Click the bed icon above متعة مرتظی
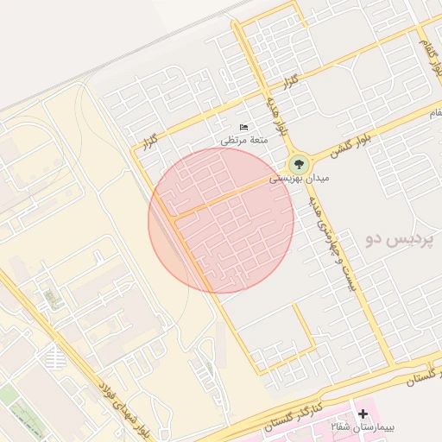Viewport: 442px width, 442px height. [x=244, y=127]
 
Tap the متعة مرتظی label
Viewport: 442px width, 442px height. [x=244, y=139]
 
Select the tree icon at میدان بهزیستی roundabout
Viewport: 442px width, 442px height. [x=299, y=163]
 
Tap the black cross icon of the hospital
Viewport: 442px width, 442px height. [x=363, y=415]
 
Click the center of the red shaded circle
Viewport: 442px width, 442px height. [x=221, y=220]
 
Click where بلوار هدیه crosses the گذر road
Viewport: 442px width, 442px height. [x=260, y=87]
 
